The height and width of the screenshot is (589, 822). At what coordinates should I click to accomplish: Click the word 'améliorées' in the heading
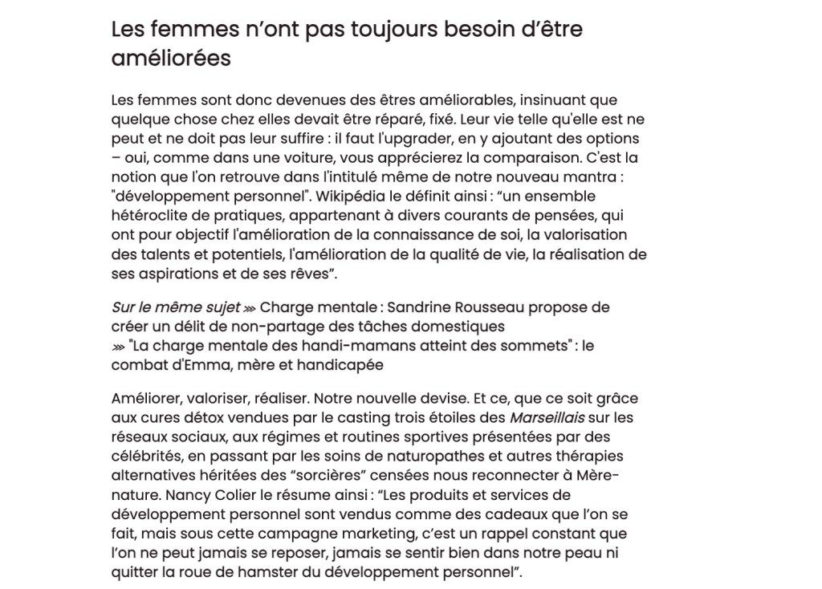[170, 59]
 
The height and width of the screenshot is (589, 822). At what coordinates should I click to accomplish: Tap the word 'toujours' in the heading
[358, 30]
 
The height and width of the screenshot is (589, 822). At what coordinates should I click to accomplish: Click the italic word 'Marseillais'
[547, 417]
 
